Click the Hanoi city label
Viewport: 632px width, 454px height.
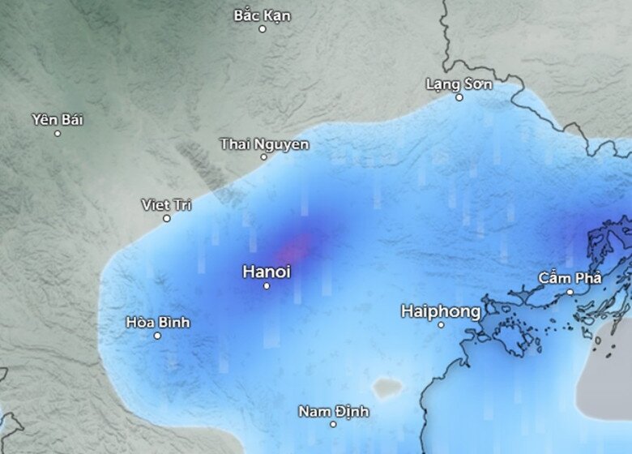point(266,272)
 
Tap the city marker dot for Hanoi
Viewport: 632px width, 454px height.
point(267,285)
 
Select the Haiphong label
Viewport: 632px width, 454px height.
point(441,311)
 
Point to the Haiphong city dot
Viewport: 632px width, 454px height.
point(441,324)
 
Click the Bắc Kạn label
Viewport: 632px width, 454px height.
point(262,15)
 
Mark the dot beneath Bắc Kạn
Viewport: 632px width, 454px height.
point(262,29)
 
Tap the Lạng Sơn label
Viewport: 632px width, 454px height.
point(459,84)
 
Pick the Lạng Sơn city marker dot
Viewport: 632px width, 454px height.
point(459,97)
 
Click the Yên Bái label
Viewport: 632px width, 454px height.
point(58,119)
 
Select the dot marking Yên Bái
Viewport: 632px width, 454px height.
point(58,133)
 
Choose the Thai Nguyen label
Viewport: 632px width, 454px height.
point(264,143)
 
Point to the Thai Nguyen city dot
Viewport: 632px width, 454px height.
point(263,156)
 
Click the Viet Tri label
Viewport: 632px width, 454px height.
point(167,204)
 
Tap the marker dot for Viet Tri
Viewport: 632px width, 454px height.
point(167,218)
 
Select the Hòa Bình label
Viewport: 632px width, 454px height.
point(157,322)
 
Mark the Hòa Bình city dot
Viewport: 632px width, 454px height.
point(157,336)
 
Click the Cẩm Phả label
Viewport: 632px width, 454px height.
point(570,278)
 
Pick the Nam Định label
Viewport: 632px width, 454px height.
point(333,411)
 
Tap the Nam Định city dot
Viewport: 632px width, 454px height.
point(333,424)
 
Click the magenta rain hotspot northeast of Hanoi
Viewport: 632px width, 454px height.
point(301,245)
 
